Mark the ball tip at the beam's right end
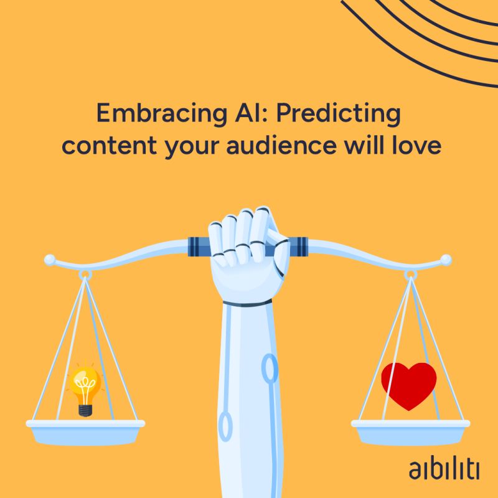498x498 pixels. coord(446,259)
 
